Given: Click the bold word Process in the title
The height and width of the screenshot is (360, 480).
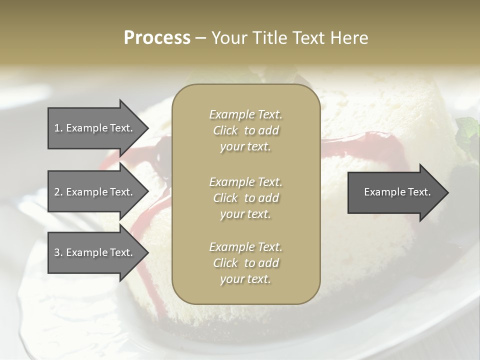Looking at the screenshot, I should pyautogui.click(x=157, y=38).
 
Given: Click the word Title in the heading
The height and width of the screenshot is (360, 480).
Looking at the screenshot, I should pyautogui.click(x=268, y=38).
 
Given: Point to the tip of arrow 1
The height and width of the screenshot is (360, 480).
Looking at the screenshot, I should pyautogui.click(x=147, y=128).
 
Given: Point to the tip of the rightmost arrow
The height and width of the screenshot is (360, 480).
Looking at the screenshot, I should pyautogui.click(x=448, y=192).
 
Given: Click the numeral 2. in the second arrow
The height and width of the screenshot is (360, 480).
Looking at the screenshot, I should pyautogui.click(x=58, y=192).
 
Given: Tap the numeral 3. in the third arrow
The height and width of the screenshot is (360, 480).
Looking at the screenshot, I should pyautogui.click(x=58, y=252).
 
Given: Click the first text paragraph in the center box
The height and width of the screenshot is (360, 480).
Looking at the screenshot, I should pyautogui.click(x=245, y=130).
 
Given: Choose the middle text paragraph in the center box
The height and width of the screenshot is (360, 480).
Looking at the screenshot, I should pyautogui.click(x=245, y=197).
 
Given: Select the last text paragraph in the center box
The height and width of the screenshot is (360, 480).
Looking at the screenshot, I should pyautogui.click(x=245, y=263).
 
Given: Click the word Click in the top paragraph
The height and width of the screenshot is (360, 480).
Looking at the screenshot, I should pyautogui.click(x=225, y=130).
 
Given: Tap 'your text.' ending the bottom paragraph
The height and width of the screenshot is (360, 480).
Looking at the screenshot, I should pyautogui.click(x=245, y=279).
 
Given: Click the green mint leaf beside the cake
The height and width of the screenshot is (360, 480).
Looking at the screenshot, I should pyautogui.click(x=468, y=128).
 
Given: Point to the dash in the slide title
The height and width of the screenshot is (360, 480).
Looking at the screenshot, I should pyautogui.click(x=201, y=38).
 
